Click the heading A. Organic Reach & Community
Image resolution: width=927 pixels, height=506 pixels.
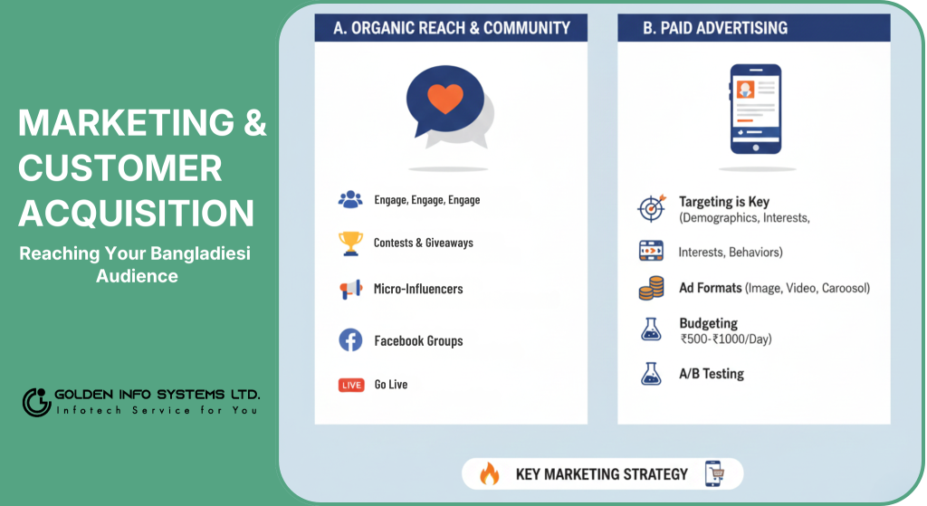(452, 28)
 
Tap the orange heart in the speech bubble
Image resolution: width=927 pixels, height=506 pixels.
(445, 98)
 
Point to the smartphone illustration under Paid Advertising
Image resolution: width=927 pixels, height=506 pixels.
(756, 109)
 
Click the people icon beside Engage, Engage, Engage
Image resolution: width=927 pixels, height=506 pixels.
(350, 200)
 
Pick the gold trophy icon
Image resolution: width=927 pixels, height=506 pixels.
(350, 243)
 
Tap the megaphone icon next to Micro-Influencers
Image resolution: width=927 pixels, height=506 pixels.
(350, 289)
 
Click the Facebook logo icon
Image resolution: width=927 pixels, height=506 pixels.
(350, 340)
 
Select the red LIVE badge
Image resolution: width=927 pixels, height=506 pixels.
(351, 385)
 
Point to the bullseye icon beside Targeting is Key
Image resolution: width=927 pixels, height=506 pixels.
(652, 207)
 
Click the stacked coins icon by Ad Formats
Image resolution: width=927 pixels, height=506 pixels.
(651, 288)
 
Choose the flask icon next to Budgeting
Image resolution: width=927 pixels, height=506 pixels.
(651, 329)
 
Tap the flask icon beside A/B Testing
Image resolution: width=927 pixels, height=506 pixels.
(651, 374)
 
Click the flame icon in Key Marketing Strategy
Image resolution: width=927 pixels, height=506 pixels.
(490, 473)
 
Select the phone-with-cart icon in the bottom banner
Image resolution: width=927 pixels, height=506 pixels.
(714, 473)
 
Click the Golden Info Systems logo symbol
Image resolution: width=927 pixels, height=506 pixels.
(36, 402)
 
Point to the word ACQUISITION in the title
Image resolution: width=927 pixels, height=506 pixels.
(137, 213)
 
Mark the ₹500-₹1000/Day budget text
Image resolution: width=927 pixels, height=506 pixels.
(726, 339)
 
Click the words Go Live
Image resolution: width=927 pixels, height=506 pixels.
(391, 384)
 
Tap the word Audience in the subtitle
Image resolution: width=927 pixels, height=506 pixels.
(138, 276)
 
